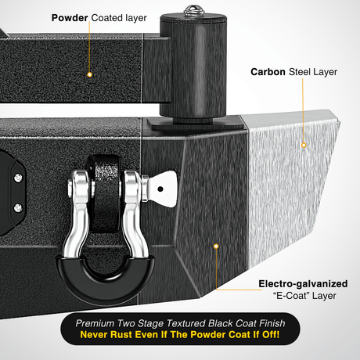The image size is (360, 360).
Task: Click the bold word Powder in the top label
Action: [70, 18]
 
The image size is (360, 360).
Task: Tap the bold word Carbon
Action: [268, 72]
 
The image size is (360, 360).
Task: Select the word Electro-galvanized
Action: [303, 284]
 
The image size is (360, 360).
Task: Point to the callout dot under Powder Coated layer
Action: [89, 74]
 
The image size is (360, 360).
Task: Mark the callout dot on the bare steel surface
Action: [304, 145]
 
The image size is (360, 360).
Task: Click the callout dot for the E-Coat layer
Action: [216, 247]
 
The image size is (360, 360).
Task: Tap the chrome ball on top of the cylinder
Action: [194, 10]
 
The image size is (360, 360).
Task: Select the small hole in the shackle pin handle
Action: [160, 189]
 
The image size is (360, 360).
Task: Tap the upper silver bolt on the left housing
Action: [18, 178]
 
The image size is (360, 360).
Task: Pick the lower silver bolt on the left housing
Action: [18, 208]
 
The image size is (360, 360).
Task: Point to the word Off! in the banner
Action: [271, 335]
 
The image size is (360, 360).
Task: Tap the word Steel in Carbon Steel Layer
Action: [300, 72]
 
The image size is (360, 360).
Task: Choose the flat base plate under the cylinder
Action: [196, 124]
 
